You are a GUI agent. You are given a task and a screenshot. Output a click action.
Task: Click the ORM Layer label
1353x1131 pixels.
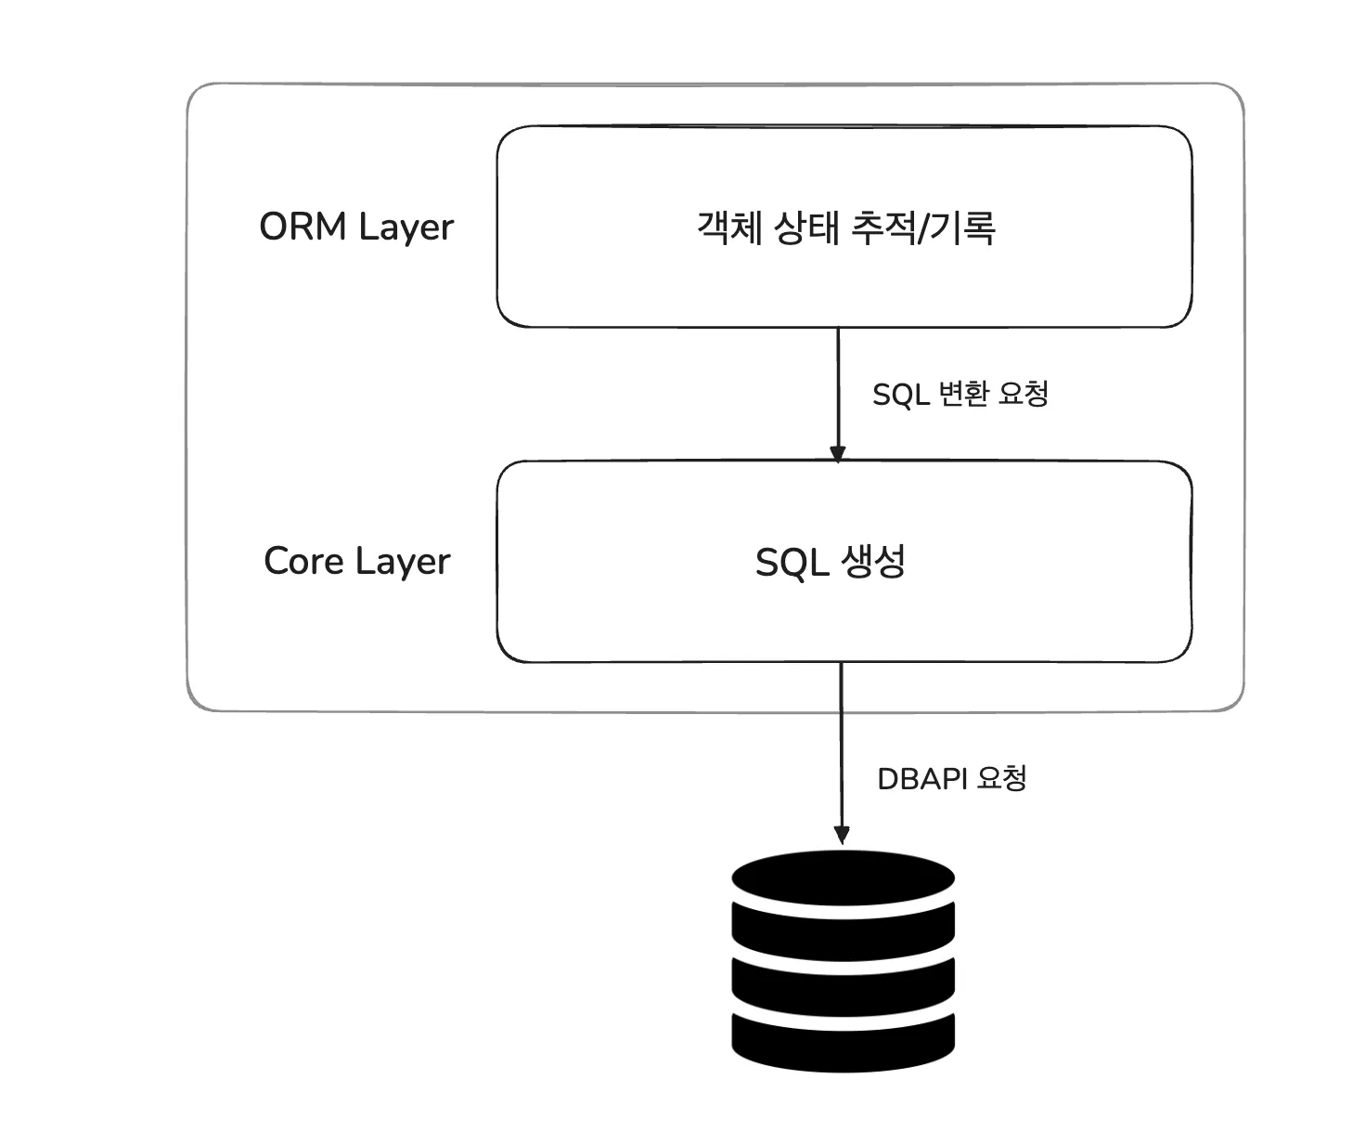coord(356,227)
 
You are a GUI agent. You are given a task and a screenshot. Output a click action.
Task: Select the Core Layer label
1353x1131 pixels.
coord(356,561)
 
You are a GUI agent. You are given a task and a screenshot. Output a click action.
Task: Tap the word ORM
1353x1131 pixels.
coord(303,227)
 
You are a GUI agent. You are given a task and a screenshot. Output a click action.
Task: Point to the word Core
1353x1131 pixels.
coord(303,561)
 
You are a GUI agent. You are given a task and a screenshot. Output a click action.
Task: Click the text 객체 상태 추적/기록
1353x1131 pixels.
coord(845,227)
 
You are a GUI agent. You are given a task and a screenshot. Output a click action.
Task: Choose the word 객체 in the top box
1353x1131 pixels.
coord(729,227)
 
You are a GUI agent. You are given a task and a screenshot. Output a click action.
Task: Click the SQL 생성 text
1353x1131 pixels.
coord(831,561)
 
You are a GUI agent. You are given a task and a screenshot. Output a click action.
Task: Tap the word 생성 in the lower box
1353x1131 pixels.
coord(873,561)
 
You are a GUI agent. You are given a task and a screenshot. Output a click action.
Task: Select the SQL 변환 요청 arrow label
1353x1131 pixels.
coord(960,394)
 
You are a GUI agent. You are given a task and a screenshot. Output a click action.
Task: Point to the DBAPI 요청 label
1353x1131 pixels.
coord(952,777)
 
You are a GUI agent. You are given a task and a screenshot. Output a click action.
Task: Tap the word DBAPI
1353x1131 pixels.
coord(922,778)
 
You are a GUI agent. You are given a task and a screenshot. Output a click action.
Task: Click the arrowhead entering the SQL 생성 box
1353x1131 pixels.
coord(838,453)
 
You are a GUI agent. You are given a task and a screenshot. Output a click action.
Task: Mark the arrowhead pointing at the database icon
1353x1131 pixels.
coord(842,835)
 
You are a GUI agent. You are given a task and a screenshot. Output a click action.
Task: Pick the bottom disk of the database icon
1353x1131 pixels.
coord(843,1040)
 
